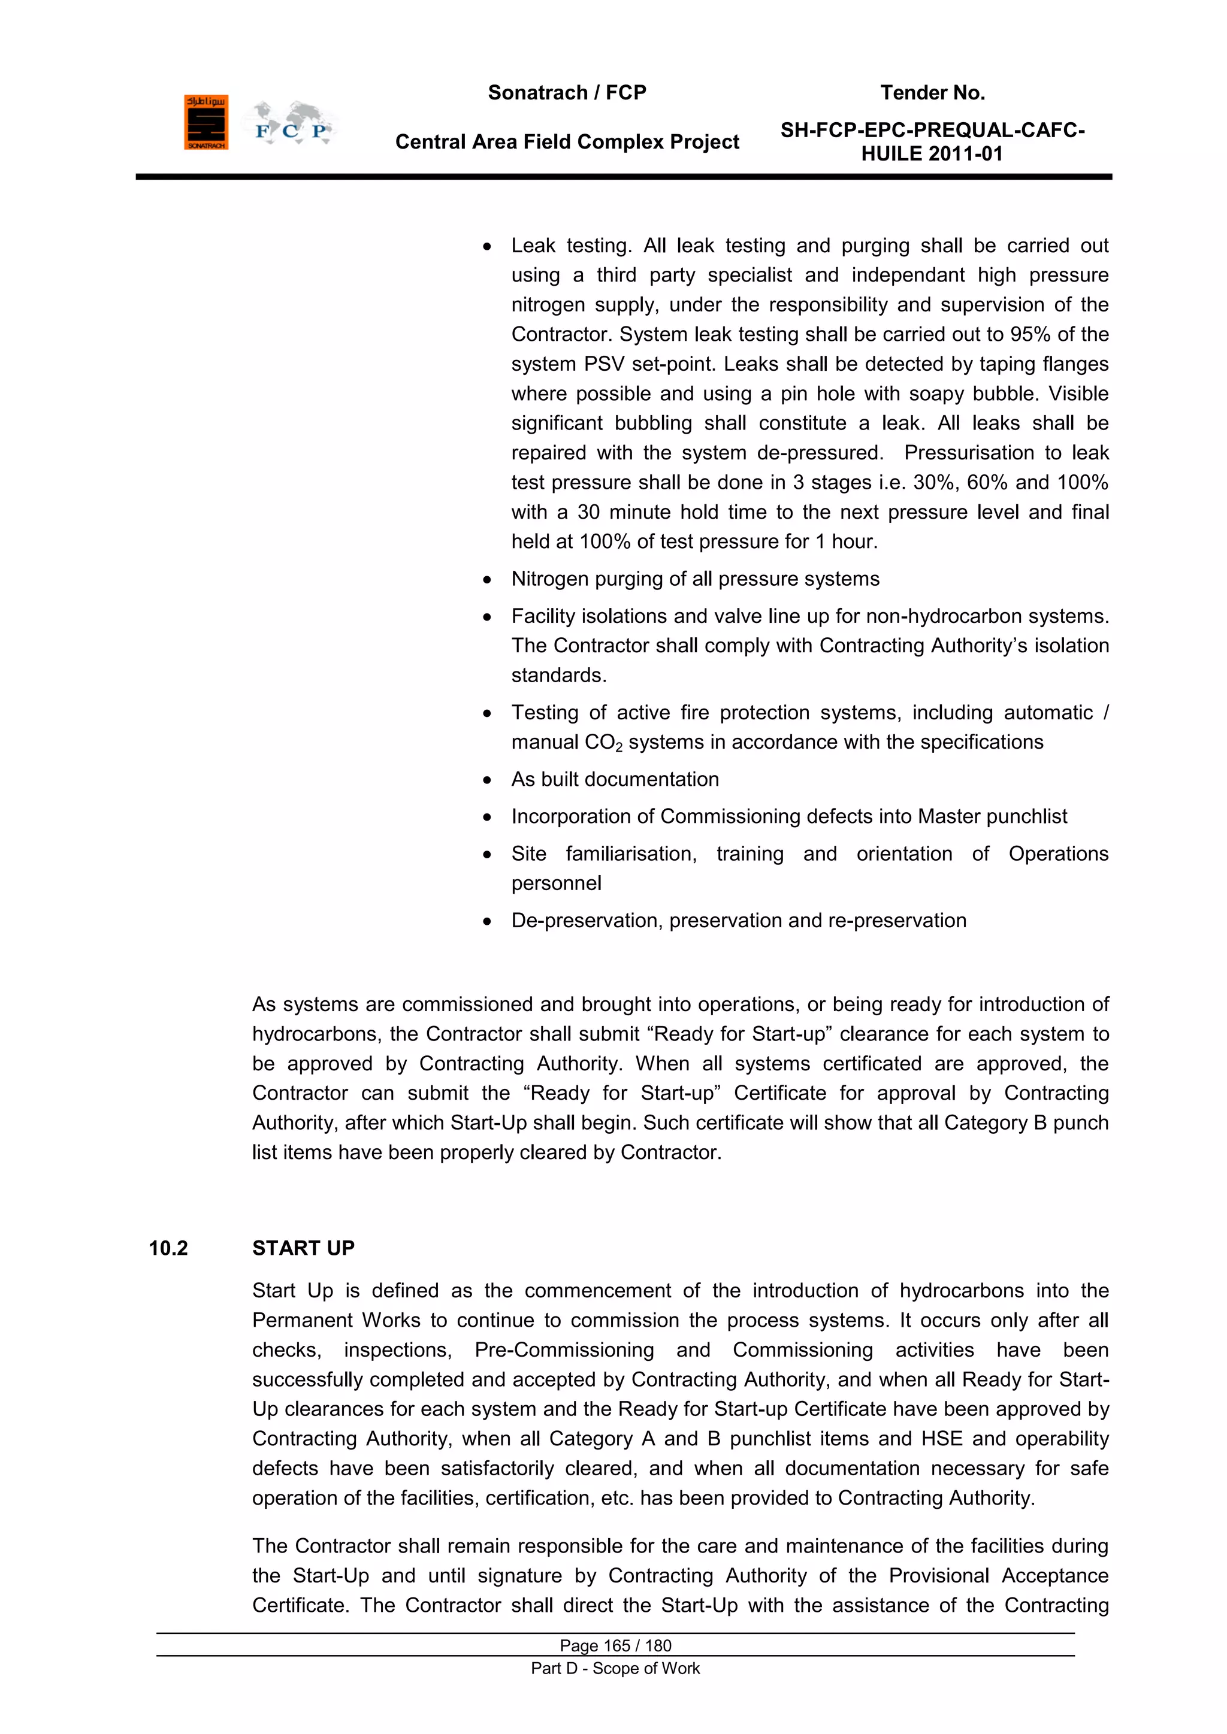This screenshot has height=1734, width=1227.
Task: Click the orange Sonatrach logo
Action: [x=205, y=122]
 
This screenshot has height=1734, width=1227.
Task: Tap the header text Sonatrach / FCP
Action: [x=567, y=93]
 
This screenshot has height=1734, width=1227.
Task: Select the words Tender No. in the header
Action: [x=932, y=93]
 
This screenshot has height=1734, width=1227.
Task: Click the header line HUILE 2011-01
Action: [x=932, y=154]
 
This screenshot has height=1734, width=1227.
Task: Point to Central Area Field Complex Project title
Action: [x=567, y=142]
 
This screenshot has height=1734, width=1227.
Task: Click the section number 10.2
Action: [x=168, y=1248]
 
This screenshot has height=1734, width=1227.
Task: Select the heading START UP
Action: [x=303, y=1248]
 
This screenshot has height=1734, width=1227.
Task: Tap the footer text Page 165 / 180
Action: [x=615, y=1645]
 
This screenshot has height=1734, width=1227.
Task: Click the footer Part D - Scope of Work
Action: [x=615, y=1668]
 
